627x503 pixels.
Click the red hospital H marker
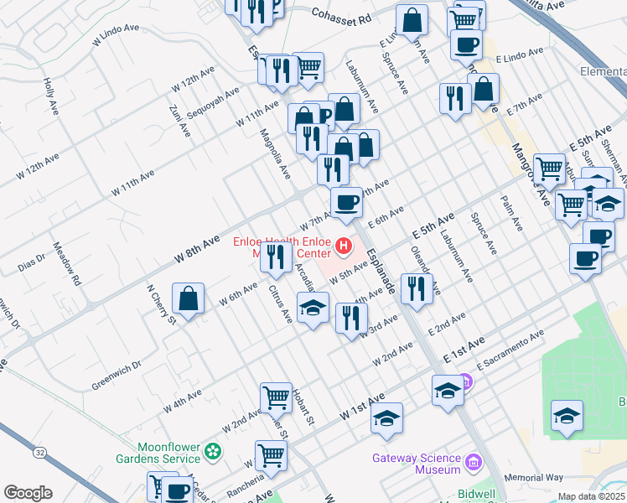(342, 246)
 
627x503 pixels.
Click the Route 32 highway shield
(40, 474)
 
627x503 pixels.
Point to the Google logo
(28, 493)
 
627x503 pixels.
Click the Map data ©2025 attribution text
(592, 496)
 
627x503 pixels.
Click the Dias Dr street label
(32, 264)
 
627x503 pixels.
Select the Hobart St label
(303, 411)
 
